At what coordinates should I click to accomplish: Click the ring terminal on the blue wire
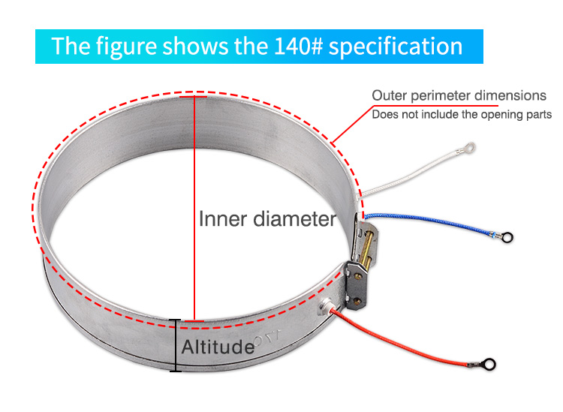(507, 239)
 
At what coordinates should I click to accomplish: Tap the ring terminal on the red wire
(489, 365)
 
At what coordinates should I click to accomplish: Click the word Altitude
(218, 347)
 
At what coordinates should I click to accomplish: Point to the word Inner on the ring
(222, 219)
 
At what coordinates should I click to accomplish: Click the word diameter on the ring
(294, 219)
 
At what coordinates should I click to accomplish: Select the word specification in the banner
(396, 47)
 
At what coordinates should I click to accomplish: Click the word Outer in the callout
(390, 96)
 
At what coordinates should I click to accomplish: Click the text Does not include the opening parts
(462, 115)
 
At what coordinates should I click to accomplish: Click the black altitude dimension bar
(176, 345)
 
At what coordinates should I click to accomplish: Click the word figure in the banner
(121, 47)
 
